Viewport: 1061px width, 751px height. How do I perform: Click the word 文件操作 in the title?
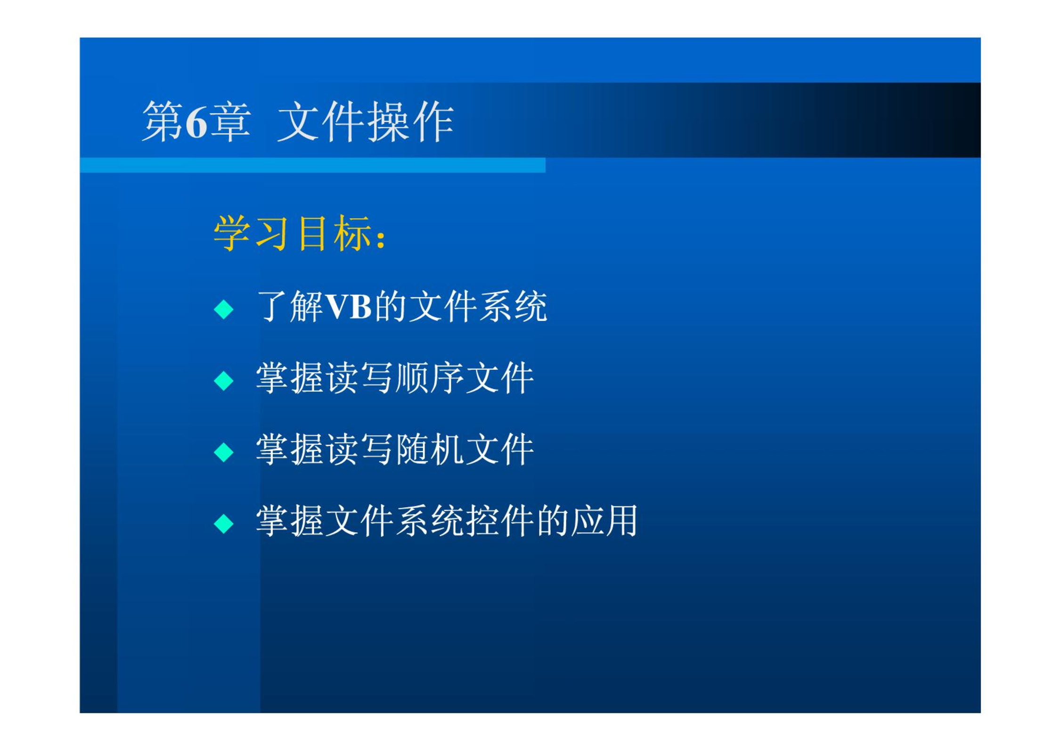point(366,122)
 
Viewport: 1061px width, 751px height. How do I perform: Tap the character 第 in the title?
point(163,122)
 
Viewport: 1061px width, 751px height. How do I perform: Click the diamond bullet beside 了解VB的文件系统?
point(223,310)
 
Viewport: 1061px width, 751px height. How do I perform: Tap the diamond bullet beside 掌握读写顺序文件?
point(223,381)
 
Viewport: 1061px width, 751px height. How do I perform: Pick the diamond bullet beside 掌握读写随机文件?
point(223,452)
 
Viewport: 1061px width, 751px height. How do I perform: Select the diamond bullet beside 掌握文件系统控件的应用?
point(223,523)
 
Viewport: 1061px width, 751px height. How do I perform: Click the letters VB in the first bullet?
point(349,307)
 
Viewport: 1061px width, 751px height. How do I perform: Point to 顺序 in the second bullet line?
point(429,378)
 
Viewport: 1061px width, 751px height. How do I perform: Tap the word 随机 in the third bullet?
point(429,449)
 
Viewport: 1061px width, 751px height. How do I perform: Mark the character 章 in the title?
point(230,122)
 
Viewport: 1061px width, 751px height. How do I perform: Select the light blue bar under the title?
point(312,165)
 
